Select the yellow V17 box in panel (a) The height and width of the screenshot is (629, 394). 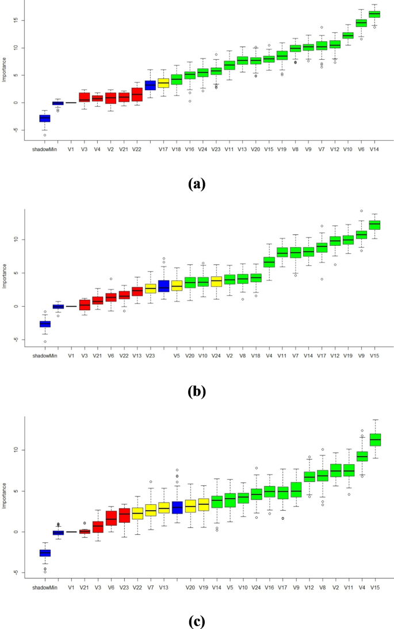tap(163, 83)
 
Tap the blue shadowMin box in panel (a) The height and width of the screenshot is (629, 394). tap(44, 118)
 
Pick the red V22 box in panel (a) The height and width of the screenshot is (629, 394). tap(137, 94)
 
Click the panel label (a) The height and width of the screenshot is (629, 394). tap(196, 184)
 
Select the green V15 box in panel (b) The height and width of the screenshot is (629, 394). tap(374, 225)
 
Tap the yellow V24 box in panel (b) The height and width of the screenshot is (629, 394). tap(216, 281)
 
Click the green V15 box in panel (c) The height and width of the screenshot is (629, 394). tap(374, 439)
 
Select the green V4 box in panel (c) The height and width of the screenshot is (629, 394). tap(361, 457)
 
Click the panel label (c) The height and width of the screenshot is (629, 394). tap(196, 620)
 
